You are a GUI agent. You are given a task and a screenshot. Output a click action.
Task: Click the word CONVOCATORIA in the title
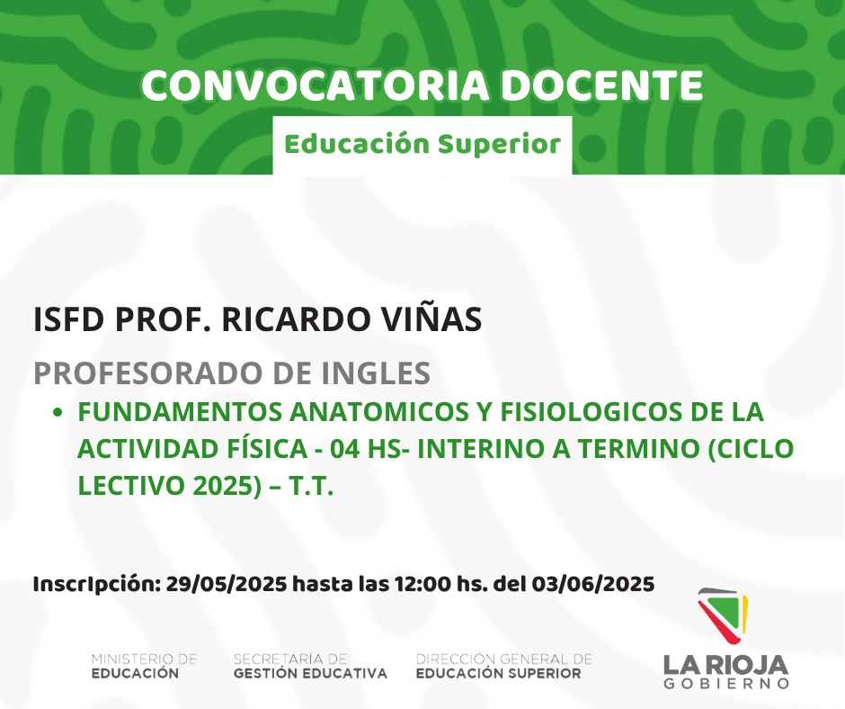[316, 85]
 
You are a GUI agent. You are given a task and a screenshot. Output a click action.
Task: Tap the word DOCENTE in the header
[602, 85]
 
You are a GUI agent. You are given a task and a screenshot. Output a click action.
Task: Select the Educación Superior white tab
[422, 145]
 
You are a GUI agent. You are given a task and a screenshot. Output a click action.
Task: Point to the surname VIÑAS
[431, 319]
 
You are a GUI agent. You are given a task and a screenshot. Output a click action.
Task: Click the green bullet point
[58, 413]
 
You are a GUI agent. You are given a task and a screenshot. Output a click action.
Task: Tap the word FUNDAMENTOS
[180, 412]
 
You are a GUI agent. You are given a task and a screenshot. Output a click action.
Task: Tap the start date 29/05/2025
[227, 584]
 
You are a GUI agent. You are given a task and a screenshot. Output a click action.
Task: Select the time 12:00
[423, 584]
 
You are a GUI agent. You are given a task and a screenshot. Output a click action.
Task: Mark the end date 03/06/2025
[593, 584]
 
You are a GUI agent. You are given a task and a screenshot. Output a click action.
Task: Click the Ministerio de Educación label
[144, 666]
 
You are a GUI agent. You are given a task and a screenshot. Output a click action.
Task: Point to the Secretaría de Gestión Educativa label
[310, 666]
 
